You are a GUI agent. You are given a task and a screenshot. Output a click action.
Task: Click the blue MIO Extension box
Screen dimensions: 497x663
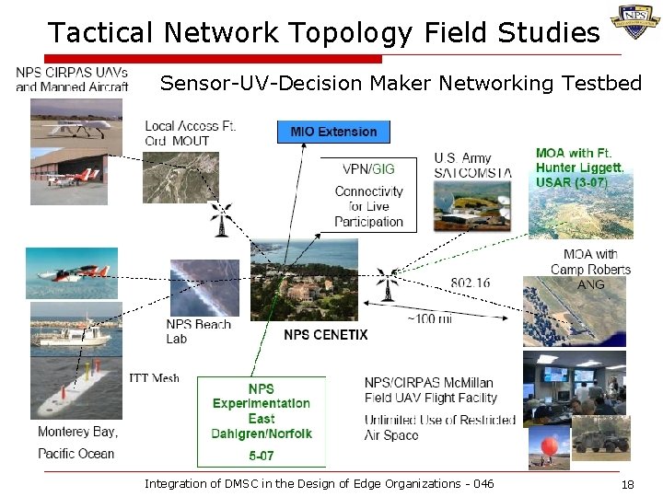(333, 132)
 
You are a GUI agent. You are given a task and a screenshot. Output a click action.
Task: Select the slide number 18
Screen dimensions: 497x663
(628, 484)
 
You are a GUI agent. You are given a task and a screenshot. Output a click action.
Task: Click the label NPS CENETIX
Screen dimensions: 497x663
(325, 334)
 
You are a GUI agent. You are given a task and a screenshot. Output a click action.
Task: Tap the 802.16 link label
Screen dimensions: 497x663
(470, 283)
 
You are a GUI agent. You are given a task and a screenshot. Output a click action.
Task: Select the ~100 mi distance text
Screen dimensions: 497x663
(429, 318)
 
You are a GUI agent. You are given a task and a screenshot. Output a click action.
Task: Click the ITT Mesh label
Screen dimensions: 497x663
(154, 378)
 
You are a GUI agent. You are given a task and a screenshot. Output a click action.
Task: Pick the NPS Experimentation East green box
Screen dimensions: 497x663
(262, 419)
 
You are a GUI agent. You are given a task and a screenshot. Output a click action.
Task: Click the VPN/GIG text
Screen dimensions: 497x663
(368, 169)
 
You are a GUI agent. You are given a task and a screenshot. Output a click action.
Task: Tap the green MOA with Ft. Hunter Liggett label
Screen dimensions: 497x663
(580, 168)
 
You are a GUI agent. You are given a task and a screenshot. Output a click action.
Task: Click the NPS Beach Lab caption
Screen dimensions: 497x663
(198, 331)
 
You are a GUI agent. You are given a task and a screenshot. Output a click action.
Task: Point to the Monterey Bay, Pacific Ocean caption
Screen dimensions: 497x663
(77, 442)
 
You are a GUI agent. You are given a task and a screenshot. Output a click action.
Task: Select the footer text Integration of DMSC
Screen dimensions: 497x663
(319, 484)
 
